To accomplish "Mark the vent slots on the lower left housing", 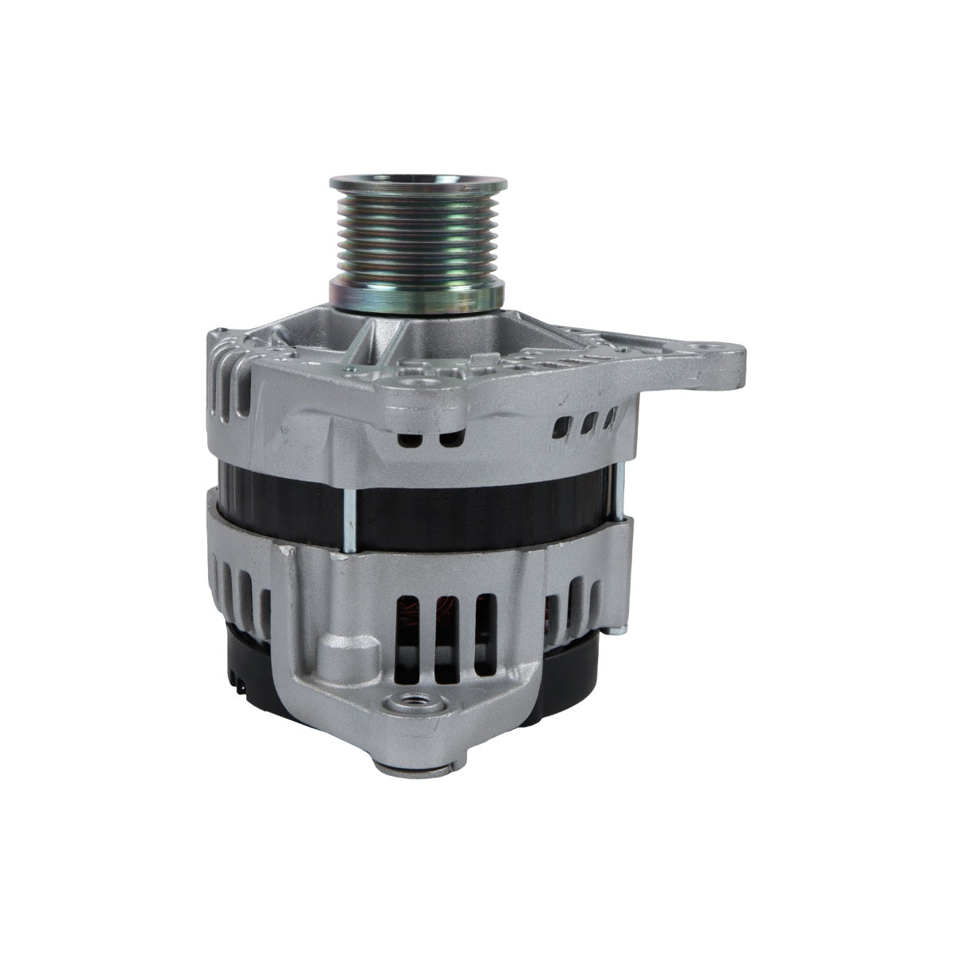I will [238, 588].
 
